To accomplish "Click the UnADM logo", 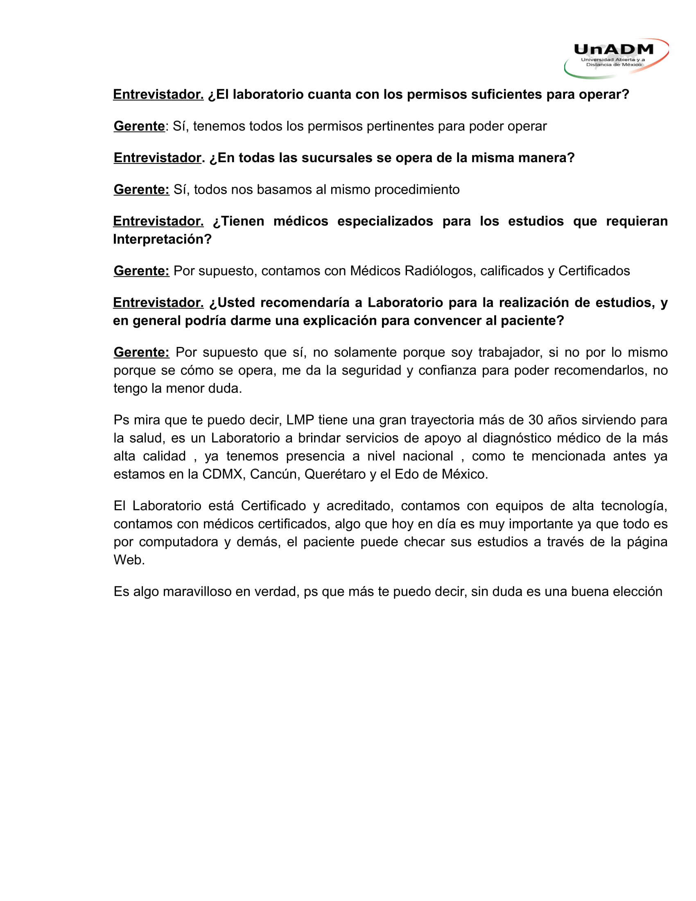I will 616,58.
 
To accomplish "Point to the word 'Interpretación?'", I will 162,239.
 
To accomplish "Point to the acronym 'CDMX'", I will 222,474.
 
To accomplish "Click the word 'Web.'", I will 129,560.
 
